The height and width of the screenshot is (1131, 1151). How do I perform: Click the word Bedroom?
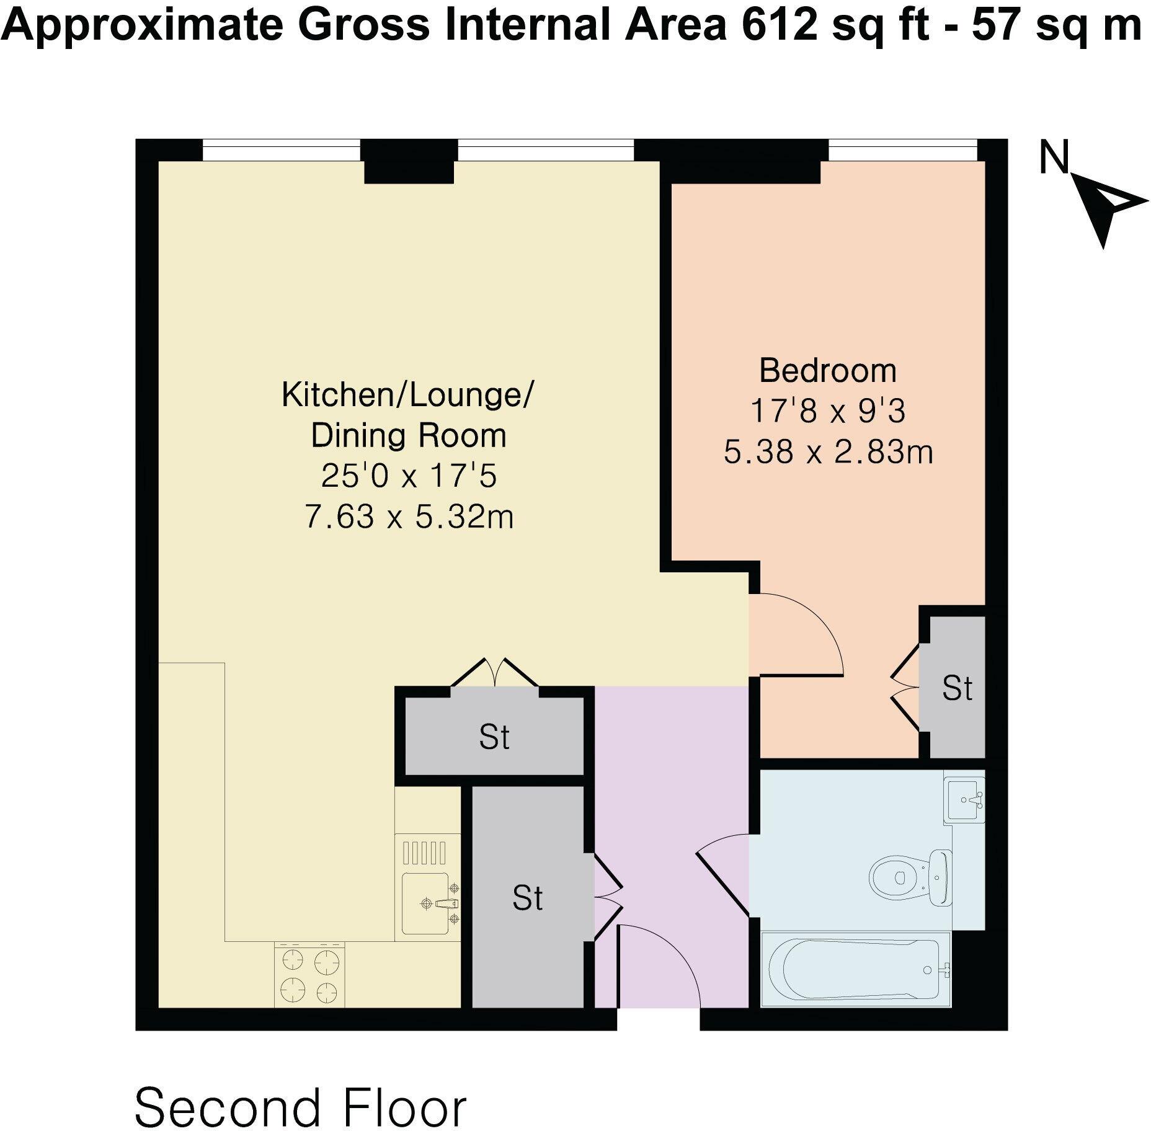point(828,371)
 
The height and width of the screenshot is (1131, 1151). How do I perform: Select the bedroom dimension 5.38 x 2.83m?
point(828,452)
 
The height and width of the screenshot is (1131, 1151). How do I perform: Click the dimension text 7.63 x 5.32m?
point(409,517)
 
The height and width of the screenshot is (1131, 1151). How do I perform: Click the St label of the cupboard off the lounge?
point(494,737)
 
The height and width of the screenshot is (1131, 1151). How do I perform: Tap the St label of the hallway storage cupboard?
point(527,898)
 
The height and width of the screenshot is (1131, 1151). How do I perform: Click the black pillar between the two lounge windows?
point(409,161)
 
